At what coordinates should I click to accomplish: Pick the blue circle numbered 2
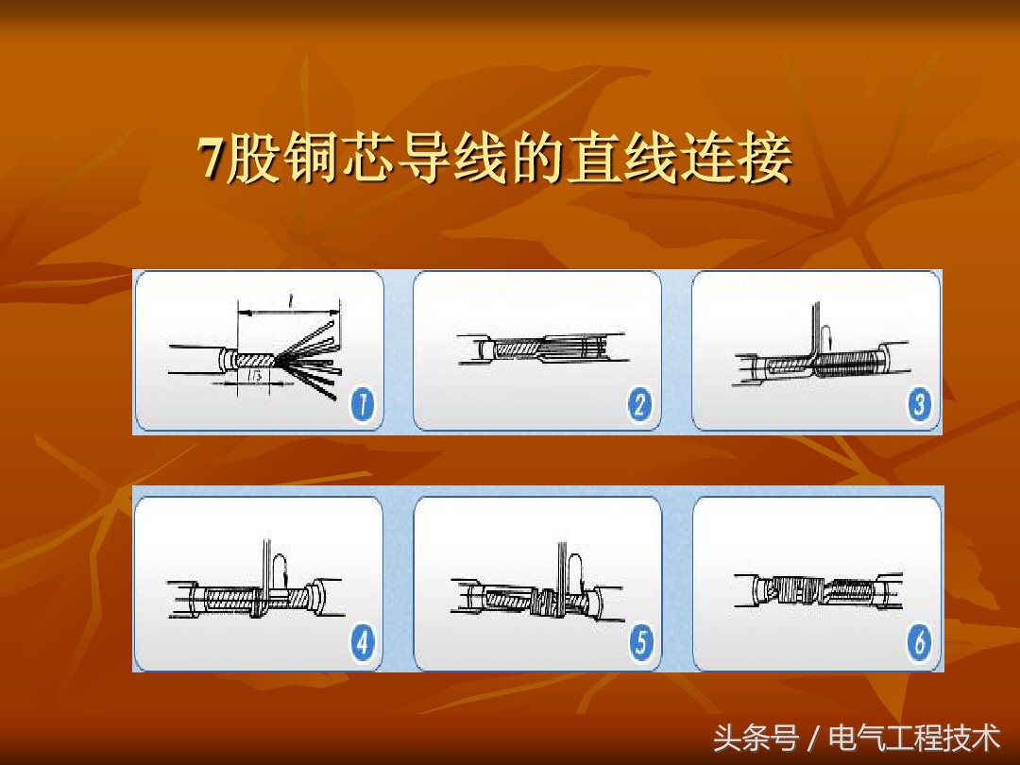[x=640, y=405]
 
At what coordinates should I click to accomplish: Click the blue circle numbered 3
[x=919, y=405]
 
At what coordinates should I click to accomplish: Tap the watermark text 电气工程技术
[x=913, y=737]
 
